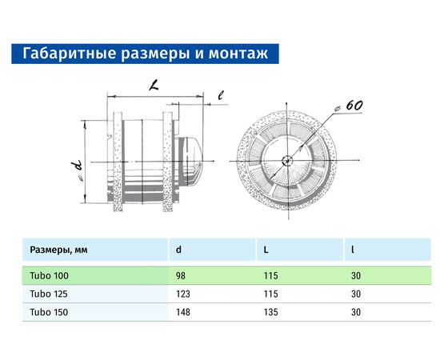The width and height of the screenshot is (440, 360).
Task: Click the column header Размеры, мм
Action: point(58,250)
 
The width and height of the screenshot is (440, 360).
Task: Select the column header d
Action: point(178,250)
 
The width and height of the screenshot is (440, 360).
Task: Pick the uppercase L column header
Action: point(266,250)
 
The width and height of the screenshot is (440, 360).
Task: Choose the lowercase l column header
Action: point(353,250)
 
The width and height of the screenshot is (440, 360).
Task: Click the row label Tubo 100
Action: point(49,276)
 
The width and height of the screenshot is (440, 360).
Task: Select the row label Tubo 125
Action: point(49,294)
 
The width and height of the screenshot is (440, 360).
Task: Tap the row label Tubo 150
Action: point(49,311)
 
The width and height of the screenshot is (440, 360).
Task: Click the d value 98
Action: point(181,276)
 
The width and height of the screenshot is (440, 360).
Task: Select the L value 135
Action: point(271,311)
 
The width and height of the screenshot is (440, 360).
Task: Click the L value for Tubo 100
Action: point(271,276)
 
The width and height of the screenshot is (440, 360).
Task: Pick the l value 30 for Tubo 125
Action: point(357,294)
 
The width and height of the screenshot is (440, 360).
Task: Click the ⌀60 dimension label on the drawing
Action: point(351,106)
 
